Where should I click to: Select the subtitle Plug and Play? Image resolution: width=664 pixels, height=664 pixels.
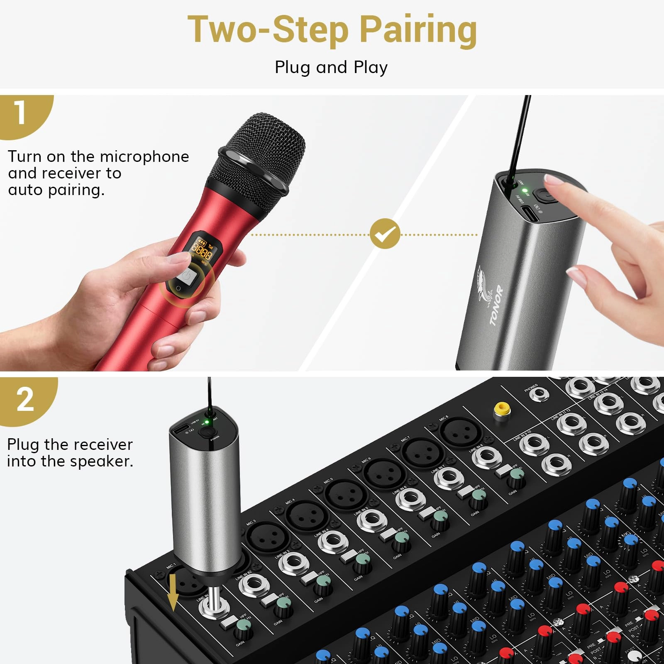(331, 67)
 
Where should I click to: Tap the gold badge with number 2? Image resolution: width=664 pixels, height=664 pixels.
(25, 400)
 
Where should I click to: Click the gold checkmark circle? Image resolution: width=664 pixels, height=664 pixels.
(385, 234)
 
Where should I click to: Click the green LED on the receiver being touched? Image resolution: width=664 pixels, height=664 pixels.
(525, 190)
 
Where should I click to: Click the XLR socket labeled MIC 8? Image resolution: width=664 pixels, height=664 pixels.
(459, 432)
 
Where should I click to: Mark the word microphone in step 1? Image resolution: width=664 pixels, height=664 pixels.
(144, 157)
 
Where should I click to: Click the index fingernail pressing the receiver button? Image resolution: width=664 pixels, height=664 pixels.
(555, 179)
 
